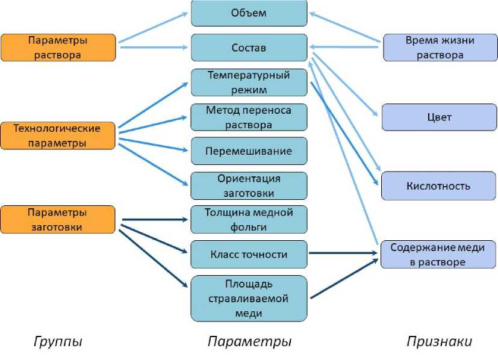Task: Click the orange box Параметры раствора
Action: coord(58,48)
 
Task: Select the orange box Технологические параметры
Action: coord(58,135)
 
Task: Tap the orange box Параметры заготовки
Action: coord(58,219)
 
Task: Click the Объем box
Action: coord(249,13)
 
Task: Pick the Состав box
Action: coord(249,48)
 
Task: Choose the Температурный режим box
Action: coord(249,82)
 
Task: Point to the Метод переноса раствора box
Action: coord(249,117)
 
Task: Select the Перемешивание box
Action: coord(249,151)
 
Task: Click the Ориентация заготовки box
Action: coord(249,186)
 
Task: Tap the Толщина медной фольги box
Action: coord(249,220)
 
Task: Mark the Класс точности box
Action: coord(249,255)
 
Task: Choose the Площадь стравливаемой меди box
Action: coord(249,299)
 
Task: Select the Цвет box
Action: coord(439,117)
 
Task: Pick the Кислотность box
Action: coord(439,186)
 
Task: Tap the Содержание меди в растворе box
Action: coord(439,255)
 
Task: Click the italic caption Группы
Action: coord(57,342)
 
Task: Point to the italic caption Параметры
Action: coord(249,342)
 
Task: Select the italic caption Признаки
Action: coord(439,342)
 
